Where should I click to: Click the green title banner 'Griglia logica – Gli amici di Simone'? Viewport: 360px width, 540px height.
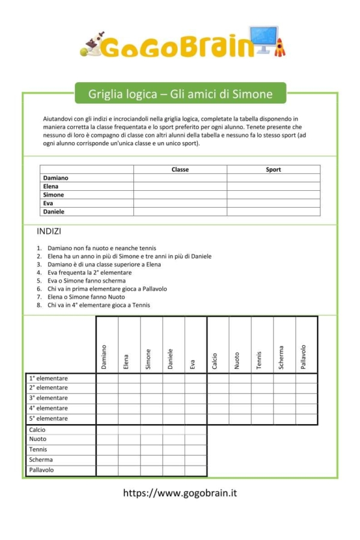click(x=180, y=94)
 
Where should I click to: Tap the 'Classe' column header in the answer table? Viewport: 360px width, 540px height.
click(x=180, y=170)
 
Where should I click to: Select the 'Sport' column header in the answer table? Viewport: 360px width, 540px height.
click(x=274, y=170)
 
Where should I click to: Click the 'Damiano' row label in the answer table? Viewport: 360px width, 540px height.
click(x=56, y=178)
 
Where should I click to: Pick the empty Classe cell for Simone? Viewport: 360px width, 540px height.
click(x=180, y=195)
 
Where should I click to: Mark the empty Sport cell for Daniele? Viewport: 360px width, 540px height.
click(x=274, y=212)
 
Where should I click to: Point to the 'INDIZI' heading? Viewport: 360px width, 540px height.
click(x=49, y=231)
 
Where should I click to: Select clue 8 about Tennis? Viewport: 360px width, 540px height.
click(x=98, y=305)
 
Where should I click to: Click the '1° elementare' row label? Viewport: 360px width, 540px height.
click(x=49, y=379)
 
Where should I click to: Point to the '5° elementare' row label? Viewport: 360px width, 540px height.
click(x=49, y=419)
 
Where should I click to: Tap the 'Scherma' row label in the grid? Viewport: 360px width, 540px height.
click(x=41, y=460)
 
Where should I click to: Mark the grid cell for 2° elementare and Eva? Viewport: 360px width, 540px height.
click(x=196, y=388)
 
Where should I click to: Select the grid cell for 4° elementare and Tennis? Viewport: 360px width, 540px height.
click(x=262, y=409)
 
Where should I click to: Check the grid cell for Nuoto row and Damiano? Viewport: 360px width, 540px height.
click(x=107, y=440)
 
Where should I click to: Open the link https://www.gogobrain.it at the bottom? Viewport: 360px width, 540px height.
click(x=180, y=493)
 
